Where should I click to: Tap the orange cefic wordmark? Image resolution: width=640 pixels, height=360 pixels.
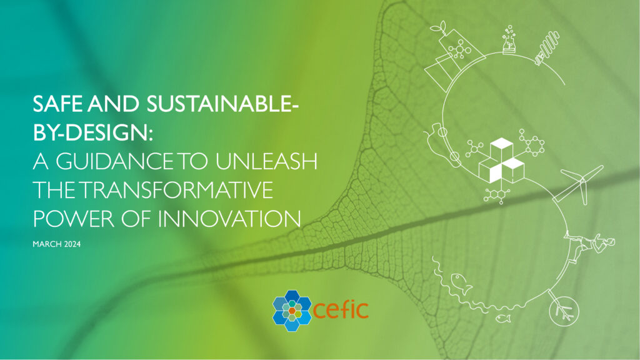pos(341,308)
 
